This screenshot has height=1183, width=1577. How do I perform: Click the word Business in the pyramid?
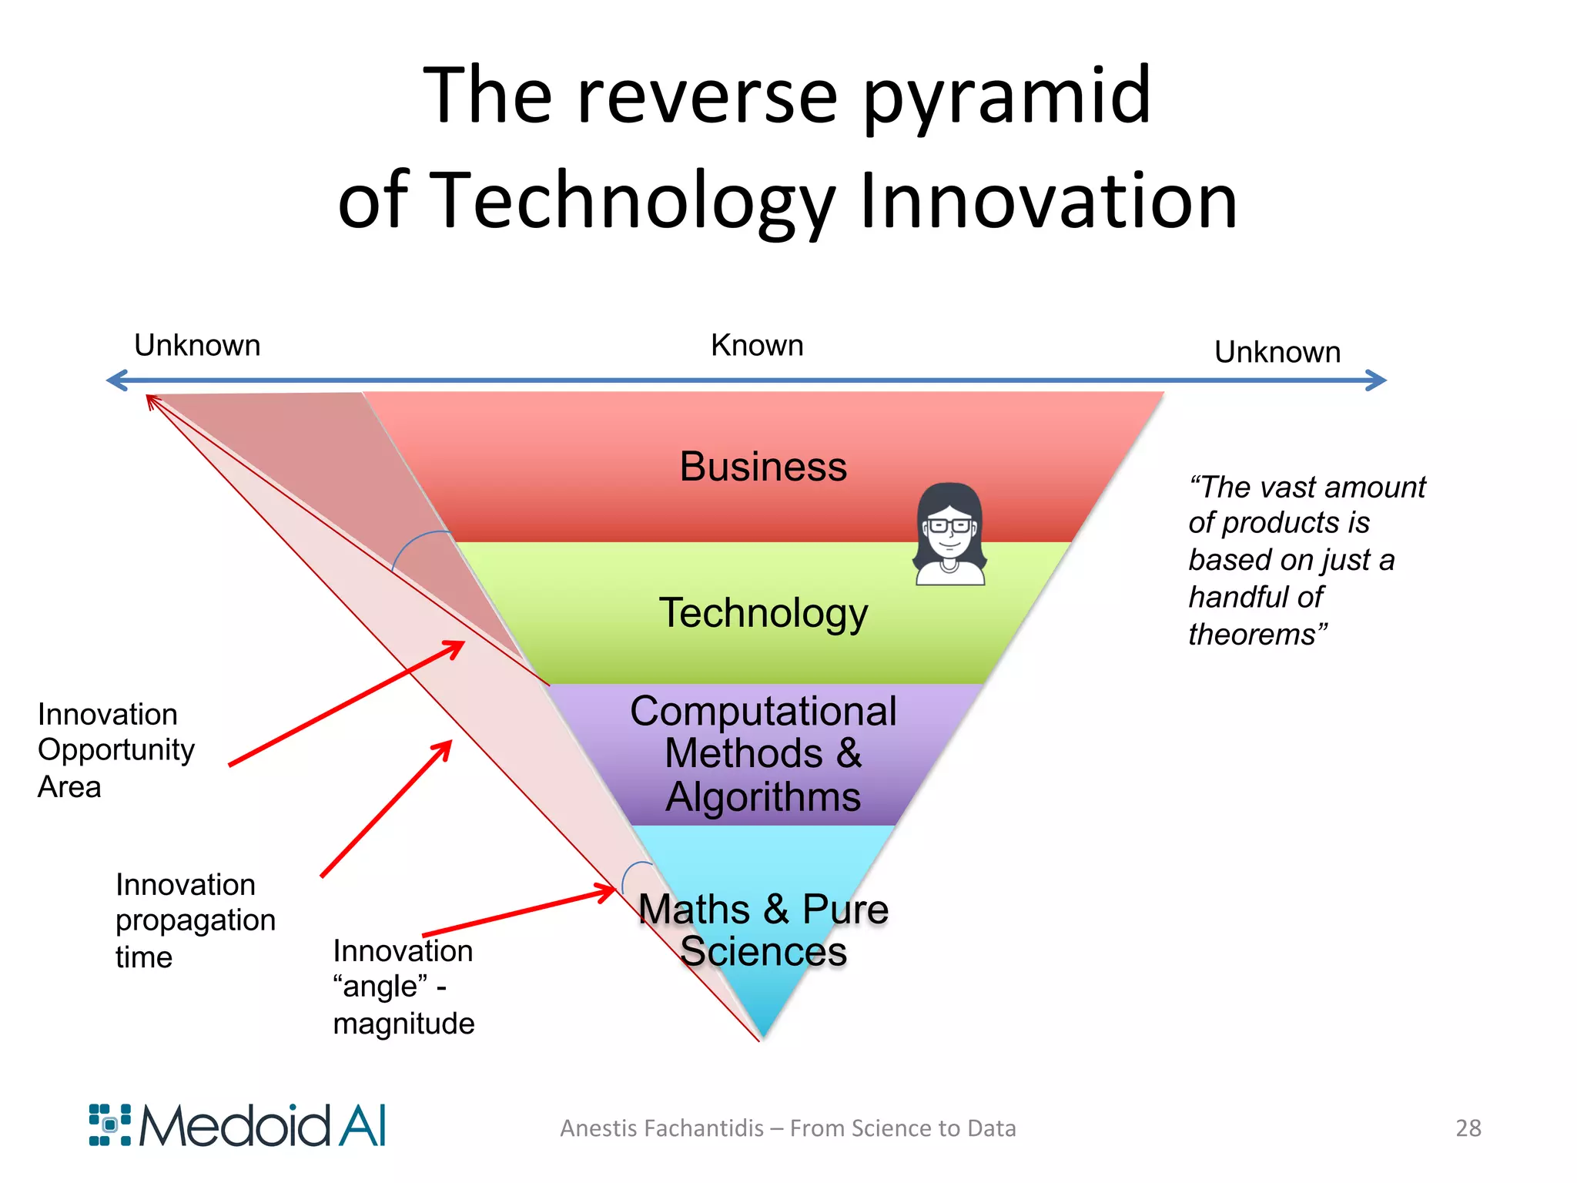click(762, 467)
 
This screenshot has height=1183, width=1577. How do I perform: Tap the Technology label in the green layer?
click(762, 613)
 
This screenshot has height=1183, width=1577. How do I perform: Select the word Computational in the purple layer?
click(762, 711)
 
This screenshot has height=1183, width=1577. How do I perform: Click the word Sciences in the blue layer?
click(762, 951)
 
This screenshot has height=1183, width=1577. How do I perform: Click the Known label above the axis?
click(756, 345)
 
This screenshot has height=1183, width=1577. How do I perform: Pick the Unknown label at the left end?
click(197, 345)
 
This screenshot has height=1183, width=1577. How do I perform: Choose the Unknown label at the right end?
click(1277, 352)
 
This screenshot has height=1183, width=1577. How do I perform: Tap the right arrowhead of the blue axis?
click(1377, 380)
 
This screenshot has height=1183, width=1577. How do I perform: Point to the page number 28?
click(1468, 1128)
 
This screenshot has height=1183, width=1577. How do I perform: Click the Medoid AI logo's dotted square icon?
click(109, 1124)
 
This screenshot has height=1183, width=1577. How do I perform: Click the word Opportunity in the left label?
click(116, 750)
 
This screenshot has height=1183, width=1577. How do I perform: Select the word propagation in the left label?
click(195, 920)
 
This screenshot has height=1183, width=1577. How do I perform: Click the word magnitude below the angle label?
click(403, 1024)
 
